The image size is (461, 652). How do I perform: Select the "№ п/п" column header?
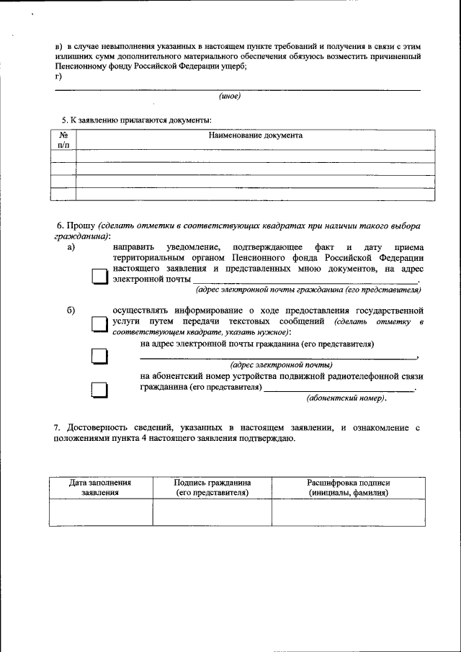pos(63,140)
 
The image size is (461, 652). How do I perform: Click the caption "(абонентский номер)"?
pos(346,398)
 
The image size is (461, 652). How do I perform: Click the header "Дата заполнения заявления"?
pos(100,488)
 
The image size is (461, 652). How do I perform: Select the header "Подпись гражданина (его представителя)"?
pos(212,488)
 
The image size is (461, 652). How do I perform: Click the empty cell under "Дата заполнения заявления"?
pos(100,512)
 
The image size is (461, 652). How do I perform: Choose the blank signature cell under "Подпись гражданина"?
pos(212,512)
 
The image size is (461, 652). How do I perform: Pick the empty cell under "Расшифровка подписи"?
pos(348,512)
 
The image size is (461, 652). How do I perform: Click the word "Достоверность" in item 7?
pos(100,428)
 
